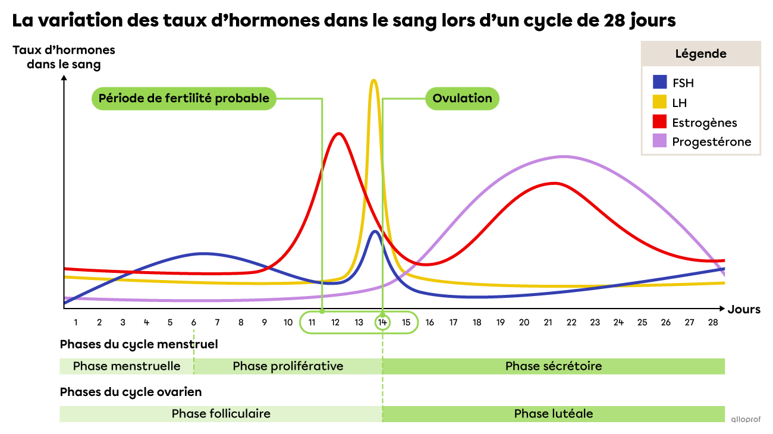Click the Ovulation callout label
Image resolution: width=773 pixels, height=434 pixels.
462,99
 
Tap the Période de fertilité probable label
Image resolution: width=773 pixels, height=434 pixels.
184,99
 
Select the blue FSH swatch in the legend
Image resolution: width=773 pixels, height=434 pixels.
659,82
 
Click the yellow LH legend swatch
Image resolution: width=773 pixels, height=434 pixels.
659,102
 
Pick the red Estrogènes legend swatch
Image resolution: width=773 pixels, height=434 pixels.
659,121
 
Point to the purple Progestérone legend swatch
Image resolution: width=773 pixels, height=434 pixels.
659,141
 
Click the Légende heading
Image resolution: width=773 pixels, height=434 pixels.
700,54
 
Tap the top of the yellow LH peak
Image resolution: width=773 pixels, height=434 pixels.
373,80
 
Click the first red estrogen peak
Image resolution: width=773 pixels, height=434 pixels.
339,133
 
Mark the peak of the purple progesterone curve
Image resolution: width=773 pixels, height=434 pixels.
563,157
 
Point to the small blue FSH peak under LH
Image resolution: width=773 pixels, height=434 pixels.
374,231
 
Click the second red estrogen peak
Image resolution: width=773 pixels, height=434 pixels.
554,183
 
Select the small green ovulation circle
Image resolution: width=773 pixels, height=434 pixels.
382,322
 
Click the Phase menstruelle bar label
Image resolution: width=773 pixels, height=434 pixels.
127,366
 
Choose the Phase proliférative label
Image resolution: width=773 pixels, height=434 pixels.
288,366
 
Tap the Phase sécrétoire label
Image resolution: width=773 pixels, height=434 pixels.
554,366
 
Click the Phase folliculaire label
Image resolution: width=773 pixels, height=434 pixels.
221,414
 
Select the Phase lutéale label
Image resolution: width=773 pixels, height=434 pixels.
554,414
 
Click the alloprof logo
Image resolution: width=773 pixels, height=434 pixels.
746,419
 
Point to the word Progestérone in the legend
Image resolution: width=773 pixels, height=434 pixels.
712,141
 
